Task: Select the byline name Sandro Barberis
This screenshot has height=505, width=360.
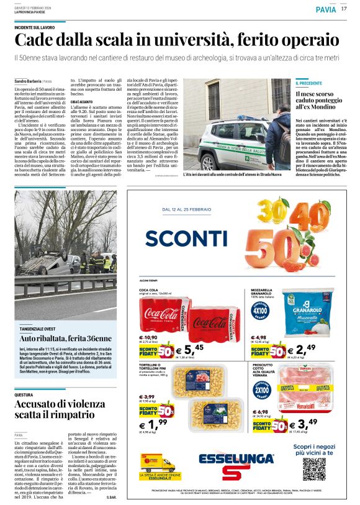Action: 27,81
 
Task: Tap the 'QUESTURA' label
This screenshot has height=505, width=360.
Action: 24,394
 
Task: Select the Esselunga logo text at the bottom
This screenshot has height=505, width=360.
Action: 238,460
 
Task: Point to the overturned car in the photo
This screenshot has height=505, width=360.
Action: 53,265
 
